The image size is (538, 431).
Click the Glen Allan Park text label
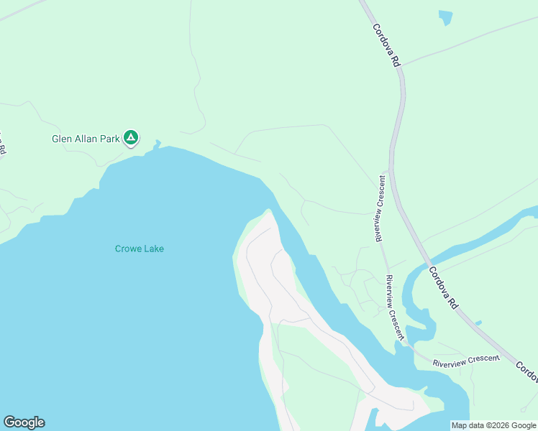coord(85,139)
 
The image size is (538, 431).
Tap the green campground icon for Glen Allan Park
coord(130,137)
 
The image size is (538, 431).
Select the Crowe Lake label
coord(140,249)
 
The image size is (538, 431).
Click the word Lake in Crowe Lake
coord(154,249)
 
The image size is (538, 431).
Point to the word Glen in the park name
coord(61,139)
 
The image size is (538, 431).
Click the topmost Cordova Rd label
coord(386,45)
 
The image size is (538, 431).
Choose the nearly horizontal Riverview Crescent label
coord(465,361)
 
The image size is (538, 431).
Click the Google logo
coord(24,422)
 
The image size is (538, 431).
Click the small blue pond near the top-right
coord(446,17)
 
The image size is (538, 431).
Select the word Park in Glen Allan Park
coord(108,139)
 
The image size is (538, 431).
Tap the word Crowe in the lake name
coord(128,249)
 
